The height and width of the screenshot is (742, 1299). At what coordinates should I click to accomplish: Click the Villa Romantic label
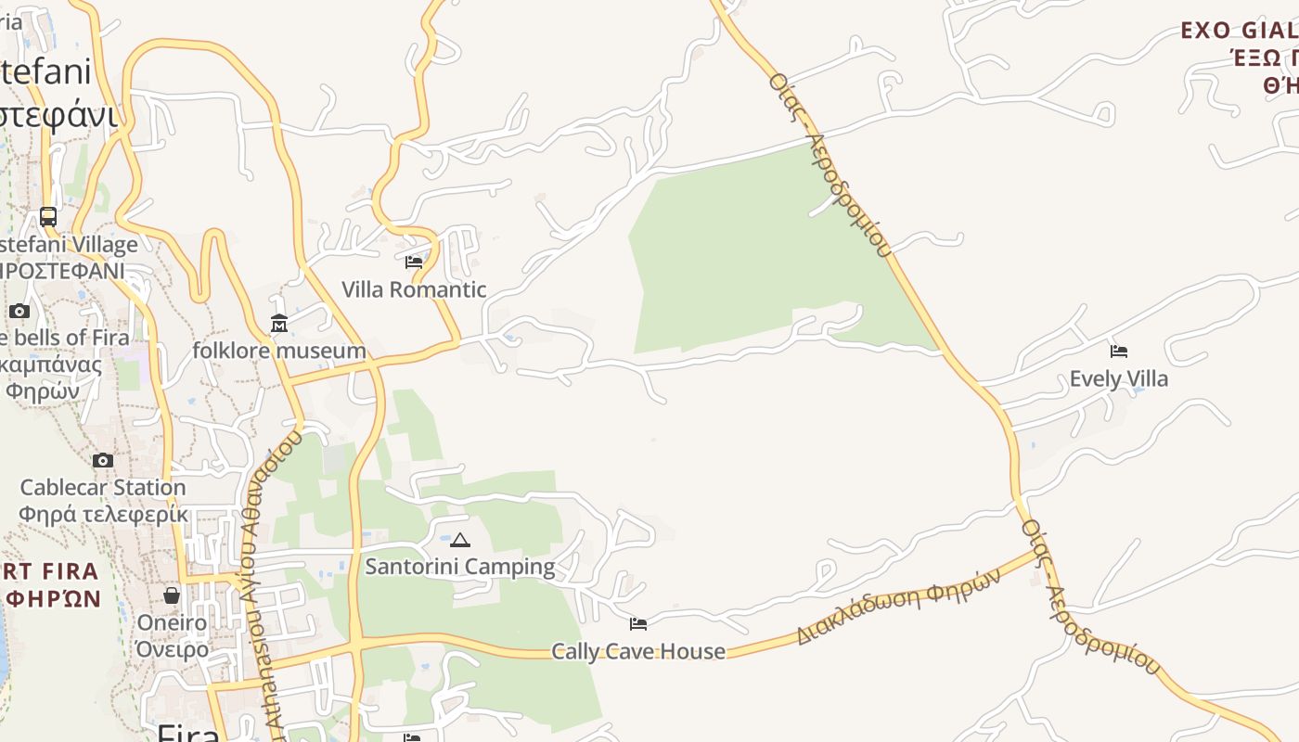pyautogui.click(x=414, y=289)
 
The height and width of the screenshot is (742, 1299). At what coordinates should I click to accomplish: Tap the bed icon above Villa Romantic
pyautogui.click(x=414, y=262)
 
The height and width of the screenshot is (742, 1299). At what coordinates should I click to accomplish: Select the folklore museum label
pyautogui.click(x=279, y=351)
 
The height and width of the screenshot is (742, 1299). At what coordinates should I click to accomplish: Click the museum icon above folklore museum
pyautogui.click(x=279, y=323)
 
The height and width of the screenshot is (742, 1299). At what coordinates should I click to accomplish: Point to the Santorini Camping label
pyautogui.click(x=460, y=566)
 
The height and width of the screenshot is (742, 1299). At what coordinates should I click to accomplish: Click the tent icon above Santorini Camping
pyautogui.click(x=460, y=540)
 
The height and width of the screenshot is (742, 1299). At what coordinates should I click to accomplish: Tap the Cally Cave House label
pyautogui.click(x=638, y=651)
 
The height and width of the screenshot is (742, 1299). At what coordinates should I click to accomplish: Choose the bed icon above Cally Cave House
pyautogui.click(x=638, y=623)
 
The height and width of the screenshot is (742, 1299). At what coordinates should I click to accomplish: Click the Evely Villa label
pyautogui.click(x=1119, y=378)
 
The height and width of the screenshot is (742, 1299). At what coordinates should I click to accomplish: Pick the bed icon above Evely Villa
pyautogui.click(x=1119, y=352)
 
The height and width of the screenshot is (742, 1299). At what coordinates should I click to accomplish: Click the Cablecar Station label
pyautogui.click(x=103, y=487)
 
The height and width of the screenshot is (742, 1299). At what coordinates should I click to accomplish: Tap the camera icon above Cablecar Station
pyautogui.click(x=103, y=460)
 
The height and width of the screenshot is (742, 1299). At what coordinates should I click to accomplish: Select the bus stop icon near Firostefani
pyautogui.click(x=48, y=217)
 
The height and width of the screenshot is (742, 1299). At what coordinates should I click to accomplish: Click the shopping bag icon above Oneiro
pyautogui.click(x=172, y=595)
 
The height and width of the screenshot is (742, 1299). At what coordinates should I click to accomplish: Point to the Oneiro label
pyautogui.click(x=172, y=622)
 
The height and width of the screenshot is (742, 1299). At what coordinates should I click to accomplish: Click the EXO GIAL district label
pyautogui.click(x=1239, y=31)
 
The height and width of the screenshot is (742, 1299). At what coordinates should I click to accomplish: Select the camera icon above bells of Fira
pyautogui.click(x=19, y=311)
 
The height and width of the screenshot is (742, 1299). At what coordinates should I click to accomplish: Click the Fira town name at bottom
pyautogui.click(x=188, y=733)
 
